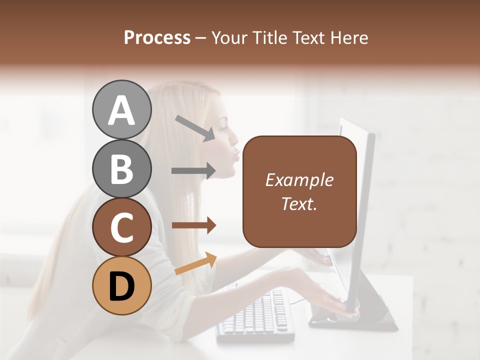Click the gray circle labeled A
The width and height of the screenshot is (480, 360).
tap(121, 110)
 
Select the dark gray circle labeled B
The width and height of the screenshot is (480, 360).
tap(121, 168)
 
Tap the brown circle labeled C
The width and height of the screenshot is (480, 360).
tap(121, 227)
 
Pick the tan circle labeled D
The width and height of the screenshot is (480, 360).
tap(121, 285)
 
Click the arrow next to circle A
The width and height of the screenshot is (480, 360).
tap(195, 128)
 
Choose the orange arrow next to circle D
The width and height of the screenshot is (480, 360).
tap(195, 263)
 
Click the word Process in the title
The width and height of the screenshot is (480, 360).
tap(157, 38)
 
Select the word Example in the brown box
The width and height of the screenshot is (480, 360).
tap(299, 180)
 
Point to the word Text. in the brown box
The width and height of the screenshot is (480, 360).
tap(299, 203)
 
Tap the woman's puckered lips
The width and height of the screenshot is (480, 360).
tap(235, 152)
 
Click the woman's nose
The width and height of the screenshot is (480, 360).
tap(235, 134)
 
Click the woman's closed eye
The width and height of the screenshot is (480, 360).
tap(223, 120)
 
